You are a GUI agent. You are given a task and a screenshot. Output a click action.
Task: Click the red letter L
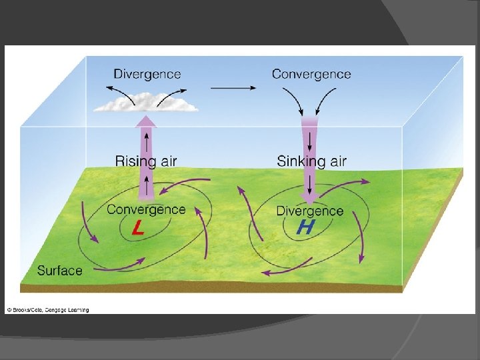137,229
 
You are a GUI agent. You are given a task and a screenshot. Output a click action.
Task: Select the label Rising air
146,161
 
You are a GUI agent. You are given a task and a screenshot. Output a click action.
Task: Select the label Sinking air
311,161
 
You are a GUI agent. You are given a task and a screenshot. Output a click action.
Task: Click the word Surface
60,271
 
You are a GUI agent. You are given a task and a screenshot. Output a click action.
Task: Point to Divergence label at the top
147,74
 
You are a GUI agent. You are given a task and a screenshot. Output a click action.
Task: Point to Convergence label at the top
311,73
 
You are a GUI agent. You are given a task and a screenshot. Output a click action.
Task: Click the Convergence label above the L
146,210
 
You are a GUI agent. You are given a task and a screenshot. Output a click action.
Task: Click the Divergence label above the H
309,211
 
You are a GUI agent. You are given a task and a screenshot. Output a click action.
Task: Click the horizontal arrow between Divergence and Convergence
233,87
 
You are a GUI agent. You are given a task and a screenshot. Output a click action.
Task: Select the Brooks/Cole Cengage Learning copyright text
48,309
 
